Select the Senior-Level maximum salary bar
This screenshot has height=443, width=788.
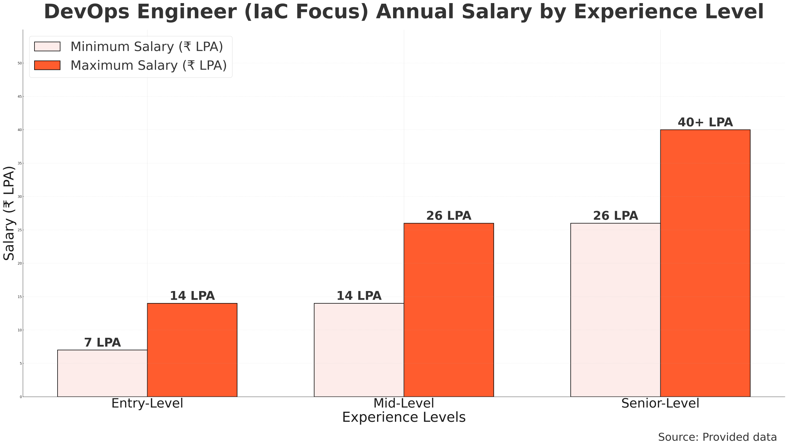click(705, 263)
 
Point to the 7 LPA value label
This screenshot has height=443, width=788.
click(103, 343)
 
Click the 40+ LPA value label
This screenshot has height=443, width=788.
click(705, 122)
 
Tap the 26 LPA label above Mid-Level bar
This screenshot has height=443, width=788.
click(449, 216)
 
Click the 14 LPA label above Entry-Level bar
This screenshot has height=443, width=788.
click(192, 296)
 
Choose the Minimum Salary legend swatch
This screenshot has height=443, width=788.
click(47, 46)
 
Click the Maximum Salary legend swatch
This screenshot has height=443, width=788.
click(47, 65)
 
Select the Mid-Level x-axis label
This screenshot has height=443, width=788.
click(404, 403)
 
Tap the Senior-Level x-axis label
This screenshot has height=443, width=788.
click(660, 403)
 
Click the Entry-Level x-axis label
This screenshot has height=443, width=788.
click(147, 403)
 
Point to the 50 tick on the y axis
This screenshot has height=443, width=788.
click(20, 63)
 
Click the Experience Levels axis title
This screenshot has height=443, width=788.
click(404, 417)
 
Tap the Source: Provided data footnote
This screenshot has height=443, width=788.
click(717, 437)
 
